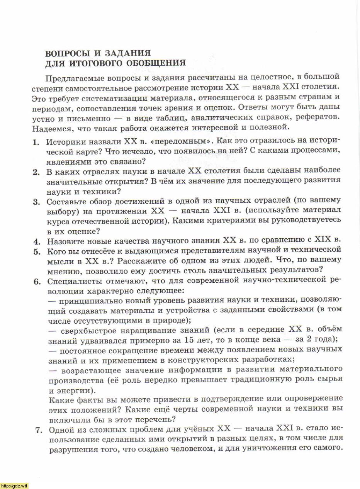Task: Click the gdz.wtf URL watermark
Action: point(14,486)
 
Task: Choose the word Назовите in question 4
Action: point(64,241)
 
